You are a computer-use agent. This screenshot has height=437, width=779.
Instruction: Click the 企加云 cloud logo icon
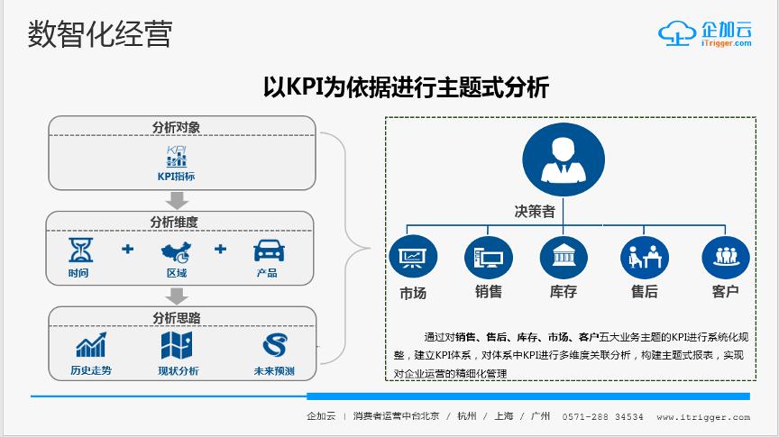coord(677,33)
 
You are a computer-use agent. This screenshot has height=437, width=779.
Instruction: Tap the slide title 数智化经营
coord(100,34)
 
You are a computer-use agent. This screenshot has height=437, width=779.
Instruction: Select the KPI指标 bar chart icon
coord(177,157)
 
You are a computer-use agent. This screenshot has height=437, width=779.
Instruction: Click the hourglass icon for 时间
coord(80,250)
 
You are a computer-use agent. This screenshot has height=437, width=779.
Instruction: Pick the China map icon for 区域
coord(177,252)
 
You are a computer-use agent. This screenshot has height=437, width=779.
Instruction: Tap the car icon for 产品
coord(270,250)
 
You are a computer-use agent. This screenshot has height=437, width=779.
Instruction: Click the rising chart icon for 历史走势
coord(91,345)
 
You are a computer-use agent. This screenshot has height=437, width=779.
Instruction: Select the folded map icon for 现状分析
coord(177,345)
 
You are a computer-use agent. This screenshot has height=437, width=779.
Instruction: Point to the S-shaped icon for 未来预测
coord(275,345)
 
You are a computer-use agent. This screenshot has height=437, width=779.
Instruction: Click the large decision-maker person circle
coord(564,159)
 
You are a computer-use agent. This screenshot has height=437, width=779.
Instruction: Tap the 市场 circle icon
coord(413,257)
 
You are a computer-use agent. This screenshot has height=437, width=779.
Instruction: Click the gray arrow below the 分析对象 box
coord(177,201)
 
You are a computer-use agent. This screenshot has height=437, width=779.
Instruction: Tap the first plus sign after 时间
coord(128,249)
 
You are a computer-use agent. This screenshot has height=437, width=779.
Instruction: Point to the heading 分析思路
coord(177,318)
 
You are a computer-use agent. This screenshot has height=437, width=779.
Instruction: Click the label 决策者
coord(535,212)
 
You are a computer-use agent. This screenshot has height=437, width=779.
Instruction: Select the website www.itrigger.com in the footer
coord(703,417)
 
